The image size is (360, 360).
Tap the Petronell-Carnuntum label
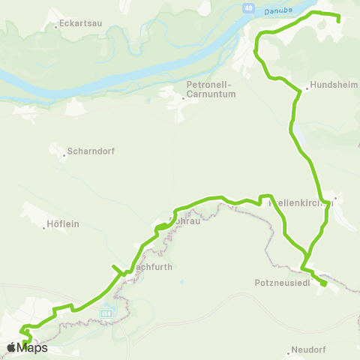click(x=211, y=90)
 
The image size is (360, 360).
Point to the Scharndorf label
click(x=89, y=150)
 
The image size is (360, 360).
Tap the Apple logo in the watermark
click(x=12, y=347)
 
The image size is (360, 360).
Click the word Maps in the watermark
click(x=33, y=347)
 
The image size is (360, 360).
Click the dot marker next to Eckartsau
click(x=57, y=26)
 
